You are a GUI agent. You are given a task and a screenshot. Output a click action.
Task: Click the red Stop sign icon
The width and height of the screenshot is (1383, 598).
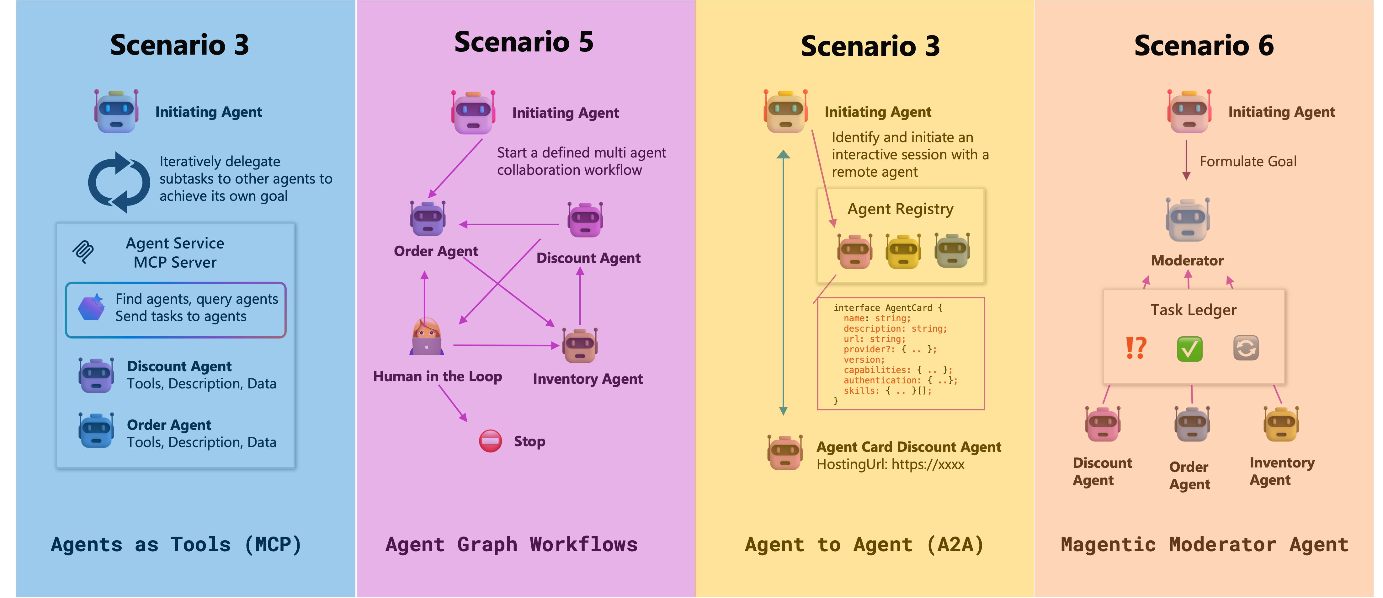point(490,441)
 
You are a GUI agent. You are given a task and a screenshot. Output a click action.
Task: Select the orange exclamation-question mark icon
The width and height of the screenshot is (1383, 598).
point(1136,348)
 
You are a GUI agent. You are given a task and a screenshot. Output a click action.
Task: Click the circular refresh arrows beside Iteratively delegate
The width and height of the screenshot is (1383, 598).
point(119,183)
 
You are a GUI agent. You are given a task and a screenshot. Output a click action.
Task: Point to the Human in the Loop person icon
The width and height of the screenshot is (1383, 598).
point(427,337)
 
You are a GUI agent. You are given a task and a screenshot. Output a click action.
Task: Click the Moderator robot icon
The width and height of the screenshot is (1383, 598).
point(1188,220)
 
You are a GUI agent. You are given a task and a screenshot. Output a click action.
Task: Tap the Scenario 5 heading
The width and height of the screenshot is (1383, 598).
point(524,42)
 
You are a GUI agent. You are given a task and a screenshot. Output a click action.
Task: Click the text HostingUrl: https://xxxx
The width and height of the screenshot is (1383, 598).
point(890,464)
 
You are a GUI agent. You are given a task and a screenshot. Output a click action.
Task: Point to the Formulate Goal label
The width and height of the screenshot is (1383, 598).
point(1248,162)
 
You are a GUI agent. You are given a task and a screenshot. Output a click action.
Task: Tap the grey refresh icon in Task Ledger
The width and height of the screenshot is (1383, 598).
point(1246,348)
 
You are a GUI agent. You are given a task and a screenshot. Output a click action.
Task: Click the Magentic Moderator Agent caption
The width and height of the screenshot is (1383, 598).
point(1204,545)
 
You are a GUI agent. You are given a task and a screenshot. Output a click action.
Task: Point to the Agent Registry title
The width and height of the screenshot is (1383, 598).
point(900,209)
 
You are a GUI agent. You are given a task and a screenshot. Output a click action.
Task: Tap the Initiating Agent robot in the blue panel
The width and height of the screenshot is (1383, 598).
point(116,112)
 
